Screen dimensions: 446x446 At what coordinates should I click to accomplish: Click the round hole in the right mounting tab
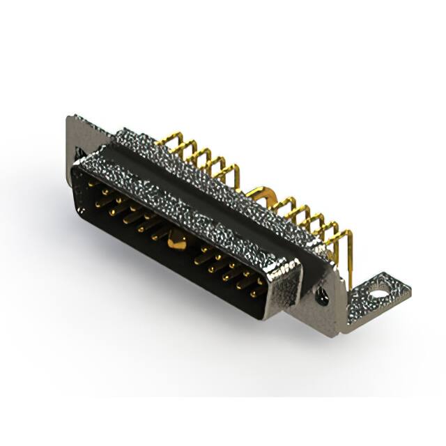pyautogui.click(x=378, y=294)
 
